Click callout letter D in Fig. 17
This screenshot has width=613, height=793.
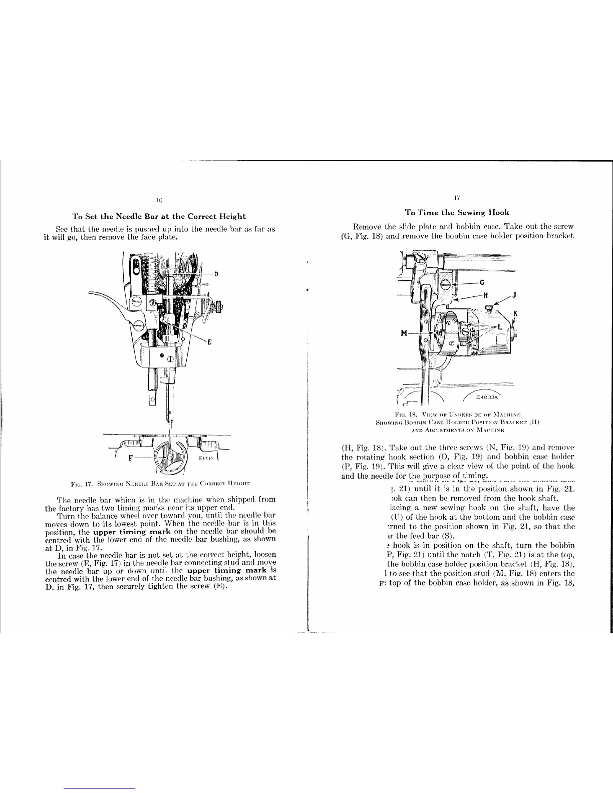pyautogui.click(x=216, y=274)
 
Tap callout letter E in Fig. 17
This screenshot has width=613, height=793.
pyautogui.click(x=209, y=342)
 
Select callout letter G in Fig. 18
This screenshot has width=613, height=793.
pyautogui.click(x=482, y=283)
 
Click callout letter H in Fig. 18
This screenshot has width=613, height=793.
pyautogui.click(x=485, y=294)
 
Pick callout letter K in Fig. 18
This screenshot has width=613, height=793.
pyautogui.click(x=515, y=314)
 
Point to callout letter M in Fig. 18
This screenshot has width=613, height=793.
pyautogui.click(x=405, y=333)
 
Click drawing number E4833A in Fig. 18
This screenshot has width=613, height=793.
pyautogui.click(x=486, y=398)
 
